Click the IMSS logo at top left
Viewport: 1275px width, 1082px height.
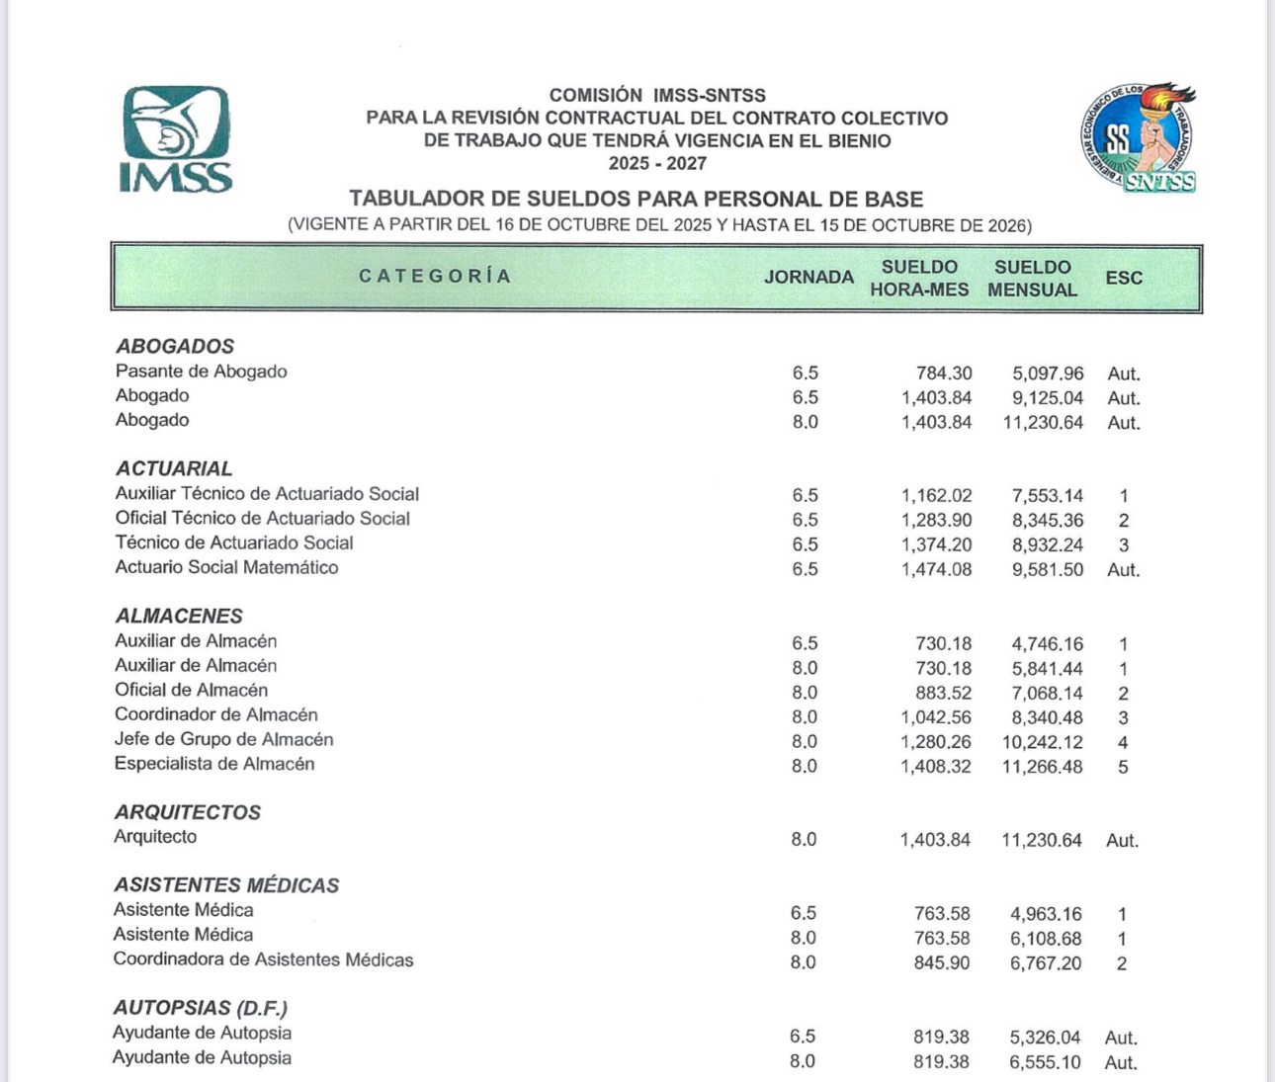(176, 138)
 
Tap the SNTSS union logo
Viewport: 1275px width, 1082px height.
(1138, 137)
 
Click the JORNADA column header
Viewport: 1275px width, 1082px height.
(808, 278)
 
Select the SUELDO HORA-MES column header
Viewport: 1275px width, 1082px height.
(919, 279)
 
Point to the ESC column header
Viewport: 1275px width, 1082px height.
(1124, 279)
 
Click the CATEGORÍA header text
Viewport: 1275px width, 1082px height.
(435, 277)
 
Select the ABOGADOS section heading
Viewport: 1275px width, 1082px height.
(175, 347)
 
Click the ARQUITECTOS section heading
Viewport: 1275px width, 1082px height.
(188, 812)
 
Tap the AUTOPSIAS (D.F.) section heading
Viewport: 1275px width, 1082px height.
(200, 1008)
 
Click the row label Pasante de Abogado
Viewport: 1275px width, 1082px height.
(201, 372)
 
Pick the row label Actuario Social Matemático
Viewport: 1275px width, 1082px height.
(226, 567)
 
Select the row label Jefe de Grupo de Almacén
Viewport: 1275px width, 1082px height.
(223, 739)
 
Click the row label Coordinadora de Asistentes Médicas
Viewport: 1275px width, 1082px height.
(263, 959)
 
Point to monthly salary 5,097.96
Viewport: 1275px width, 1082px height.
(1048, 374)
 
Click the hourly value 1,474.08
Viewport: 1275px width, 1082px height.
(936, 569)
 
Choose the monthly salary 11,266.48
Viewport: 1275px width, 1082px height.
(1042, 767)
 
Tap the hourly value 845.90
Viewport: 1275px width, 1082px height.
(942, 962)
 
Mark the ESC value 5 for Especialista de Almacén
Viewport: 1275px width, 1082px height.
(1123, 767)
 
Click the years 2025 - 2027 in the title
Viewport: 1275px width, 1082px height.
(657, 163)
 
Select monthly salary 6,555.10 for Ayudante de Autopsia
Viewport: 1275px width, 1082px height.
(1045, 1062)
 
